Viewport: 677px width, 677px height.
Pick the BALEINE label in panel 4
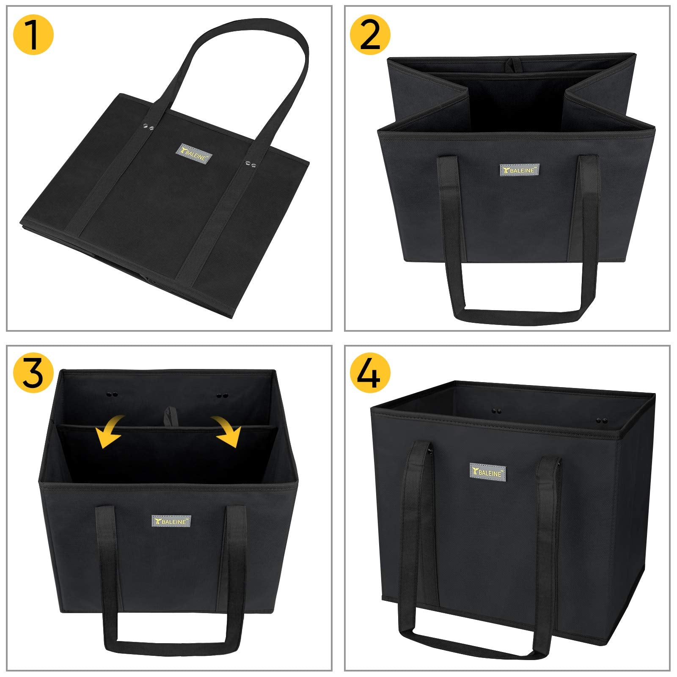point(487,472)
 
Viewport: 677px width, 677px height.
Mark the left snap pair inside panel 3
point(112,394)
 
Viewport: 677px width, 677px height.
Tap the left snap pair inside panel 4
point(496,410)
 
